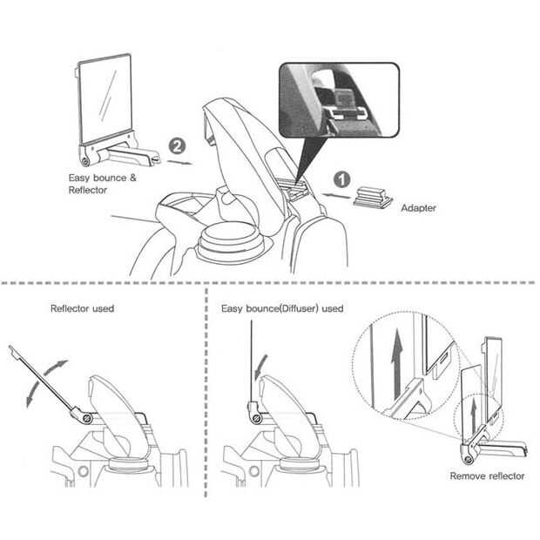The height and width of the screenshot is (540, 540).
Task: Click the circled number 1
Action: click(x=341, y=180)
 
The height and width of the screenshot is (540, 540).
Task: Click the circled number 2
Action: click(x=177, y=146)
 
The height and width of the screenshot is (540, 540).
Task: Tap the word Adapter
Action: click(x=418, y=208)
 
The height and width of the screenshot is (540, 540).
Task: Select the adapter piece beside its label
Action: click(x=373, y=198)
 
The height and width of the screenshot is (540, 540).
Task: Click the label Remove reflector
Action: click(x=487, y=476)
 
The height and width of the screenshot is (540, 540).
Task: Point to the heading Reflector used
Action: click(x=83, y=308)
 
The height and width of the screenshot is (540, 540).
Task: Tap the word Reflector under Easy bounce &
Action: click(x=88, y=190)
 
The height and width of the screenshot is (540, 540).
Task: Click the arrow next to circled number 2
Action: click(x=180, y=162)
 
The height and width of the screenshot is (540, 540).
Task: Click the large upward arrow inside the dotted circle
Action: click(x=397, y=363)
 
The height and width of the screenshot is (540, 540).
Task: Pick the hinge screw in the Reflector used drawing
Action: click(x=87, y=418)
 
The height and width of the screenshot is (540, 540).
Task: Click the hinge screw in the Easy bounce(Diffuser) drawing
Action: click(x=256, y=418)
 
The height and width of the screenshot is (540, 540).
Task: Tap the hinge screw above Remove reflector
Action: click(x=468, y=459)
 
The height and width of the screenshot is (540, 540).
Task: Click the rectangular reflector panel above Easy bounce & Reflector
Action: click(x=105, y=98)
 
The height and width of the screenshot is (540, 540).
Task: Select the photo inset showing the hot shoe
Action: click(x=339, y=100)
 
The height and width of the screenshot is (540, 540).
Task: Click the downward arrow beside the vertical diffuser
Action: click(x=260, y=367)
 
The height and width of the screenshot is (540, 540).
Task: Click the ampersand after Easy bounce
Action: click(x=133, y=178)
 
